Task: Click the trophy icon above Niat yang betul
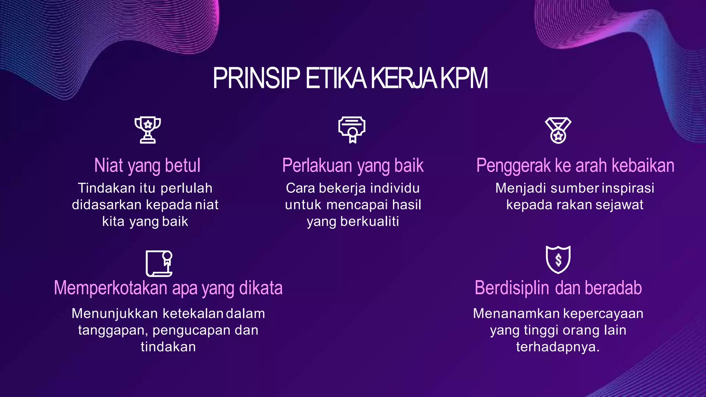click(148, 130)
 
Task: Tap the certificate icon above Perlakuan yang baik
click(352, 130)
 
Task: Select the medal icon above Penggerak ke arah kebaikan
click(558, 130)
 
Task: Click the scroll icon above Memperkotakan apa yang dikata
click(159, 263)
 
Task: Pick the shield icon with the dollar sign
click(558, 259)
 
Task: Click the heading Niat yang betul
click(147, 165)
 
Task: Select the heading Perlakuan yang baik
click(353, 165)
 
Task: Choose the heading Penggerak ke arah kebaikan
click(575, 165)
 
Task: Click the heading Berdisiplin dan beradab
click(558, 288)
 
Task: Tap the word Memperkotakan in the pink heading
click(110, 288)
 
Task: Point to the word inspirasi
click(628, 188)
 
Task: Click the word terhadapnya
click(558, 347)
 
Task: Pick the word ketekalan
click(193, 314)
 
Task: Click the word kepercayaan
click(603, 314)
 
